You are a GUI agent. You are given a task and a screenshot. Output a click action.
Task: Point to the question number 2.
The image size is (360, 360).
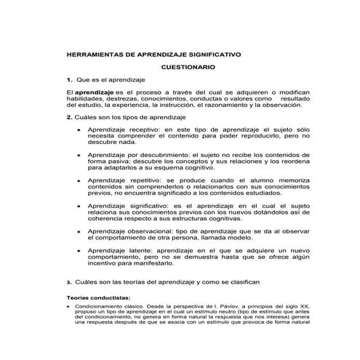click(x=68, y=116)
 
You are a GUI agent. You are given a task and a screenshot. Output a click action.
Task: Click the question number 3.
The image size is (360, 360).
click(x=68, y=281)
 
